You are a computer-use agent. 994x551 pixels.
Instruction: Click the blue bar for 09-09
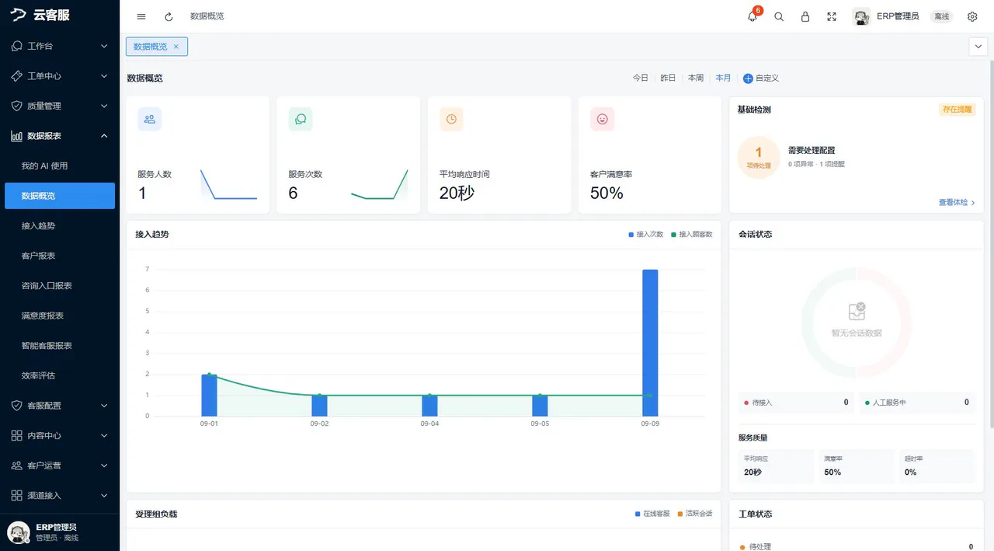(x=650, y=343)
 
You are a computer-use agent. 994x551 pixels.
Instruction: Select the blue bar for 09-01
(x=209, y=395)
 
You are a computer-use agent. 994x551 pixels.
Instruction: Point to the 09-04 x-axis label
(x=429, y=424)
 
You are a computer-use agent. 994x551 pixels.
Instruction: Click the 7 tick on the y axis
(x=148, y=269)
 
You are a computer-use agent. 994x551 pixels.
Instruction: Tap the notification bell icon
(x=752, y=16)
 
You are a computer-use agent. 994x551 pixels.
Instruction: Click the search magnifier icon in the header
(x=779, y=16)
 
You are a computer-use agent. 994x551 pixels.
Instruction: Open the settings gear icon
(x=972, y=16)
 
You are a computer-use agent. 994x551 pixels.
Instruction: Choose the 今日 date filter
(x=641, y=78)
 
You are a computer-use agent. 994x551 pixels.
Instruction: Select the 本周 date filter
(x=695, y=78)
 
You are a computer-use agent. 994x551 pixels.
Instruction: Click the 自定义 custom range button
(x=761, y=78)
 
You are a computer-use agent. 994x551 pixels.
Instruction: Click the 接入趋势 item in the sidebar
(x=38, y=225)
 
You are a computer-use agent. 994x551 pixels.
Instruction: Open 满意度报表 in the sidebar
(x=43, y=316)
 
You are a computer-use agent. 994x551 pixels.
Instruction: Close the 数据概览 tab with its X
(x=176, y=47)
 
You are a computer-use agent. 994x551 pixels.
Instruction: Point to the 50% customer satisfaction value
(x=606, y=194)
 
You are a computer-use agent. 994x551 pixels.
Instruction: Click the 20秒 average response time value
(x=457, y=194)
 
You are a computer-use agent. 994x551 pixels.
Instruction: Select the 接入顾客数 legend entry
(x=691, y=235)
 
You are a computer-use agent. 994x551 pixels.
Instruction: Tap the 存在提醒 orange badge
(x=958, y=110)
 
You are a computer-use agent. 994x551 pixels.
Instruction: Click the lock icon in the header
(x=805, y=16)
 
